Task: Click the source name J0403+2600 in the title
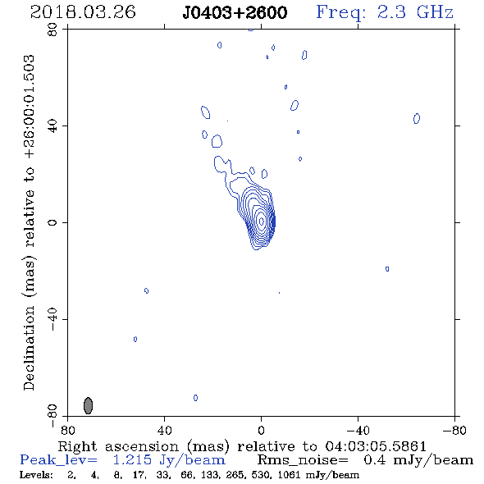coord(235,12)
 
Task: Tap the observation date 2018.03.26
coord(83,12)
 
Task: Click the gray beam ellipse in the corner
coord(89,405)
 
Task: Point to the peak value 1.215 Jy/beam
coord(169,460)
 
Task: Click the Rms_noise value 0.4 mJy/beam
coord(418,460)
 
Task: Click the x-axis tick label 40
coord(165,431)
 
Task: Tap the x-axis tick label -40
coord(358,431)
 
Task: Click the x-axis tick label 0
coord(262,431)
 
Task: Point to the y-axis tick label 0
coord(53,222)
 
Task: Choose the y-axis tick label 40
coord(53,126)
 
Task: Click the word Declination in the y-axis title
coord(29,348)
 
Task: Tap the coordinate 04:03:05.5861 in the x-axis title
coord(376,446)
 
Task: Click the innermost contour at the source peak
coord(262,221)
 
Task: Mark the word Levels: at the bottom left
coord(36,475)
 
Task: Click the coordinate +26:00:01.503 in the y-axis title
coord(30,107)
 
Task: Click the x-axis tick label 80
coord(68,431)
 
